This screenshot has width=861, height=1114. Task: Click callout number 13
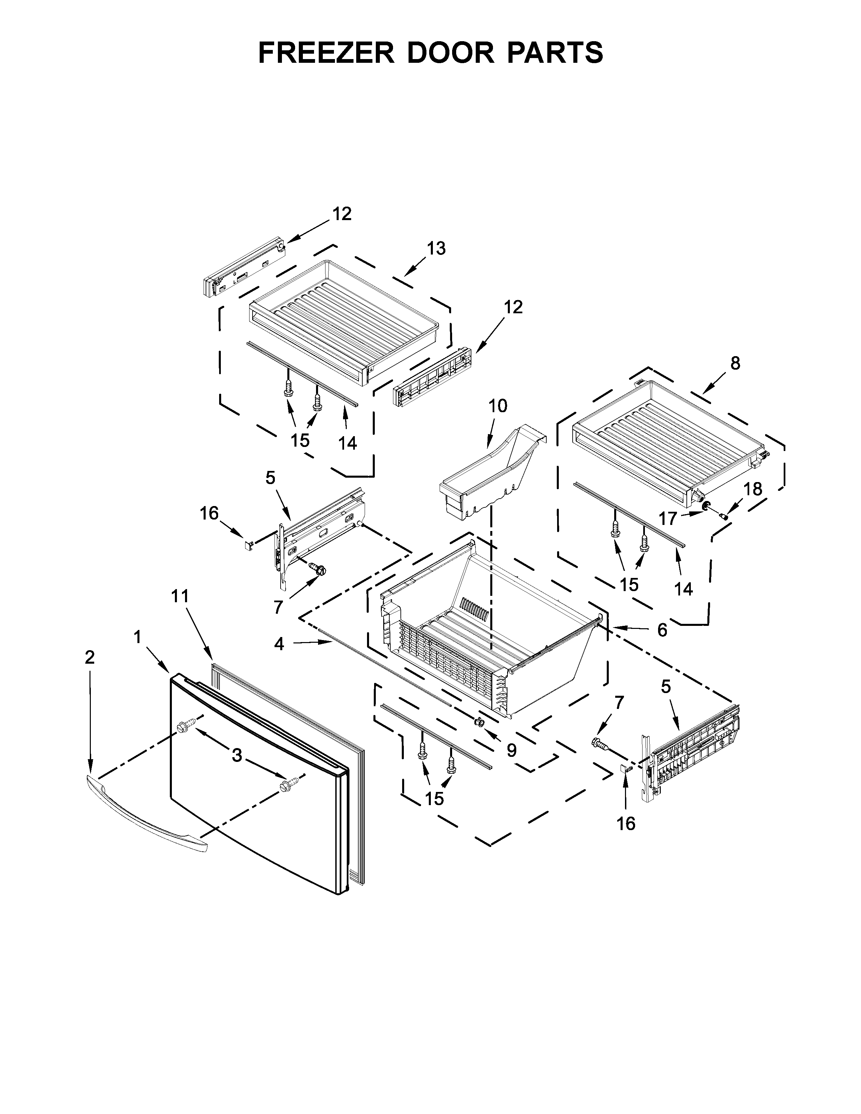pyautogui.click(x=436, y=248)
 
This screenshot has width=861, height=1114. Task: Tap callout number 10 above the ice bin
pyautogui.click(x=498, y=406)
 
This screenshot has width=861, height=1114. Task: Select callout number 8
pyautogui.click(x=734, y=363)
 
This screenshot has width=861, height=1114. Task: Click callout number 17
pyautogui.click(x=668, y=519)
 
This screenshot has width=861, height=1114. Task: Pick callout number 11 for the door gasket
pyautogui.click(x=180, y=596)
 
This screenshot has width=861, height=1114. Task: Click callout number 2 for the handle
pyautogui.click(x=89, y=658)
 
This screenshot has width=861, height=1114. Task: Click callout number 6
pyautogui.click(x=661, y=631)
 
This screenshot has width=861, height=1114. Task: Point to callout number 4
pyautogui.click(x=279, y=644)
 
